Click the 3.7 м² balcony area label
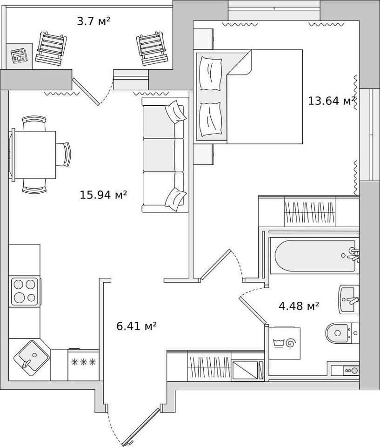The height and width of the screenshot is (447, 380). coord(93,21)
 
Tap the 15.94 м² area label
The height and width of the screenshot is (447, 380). coord(103,195)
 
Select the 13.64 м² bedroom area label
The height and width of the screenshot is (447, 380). coord(332,101)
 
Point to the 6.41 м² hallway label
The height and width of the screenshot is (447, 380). coord(137,325)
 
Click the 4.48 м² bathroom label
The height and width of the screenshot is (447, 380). coord(299,306)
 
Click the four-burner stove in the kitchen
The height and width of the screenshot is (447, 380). coord(24,291)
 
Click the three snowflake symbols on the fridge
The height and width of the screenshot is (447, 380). coord(83,362)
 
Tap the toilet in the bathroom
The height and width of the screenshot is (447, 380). coord(342,333)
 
